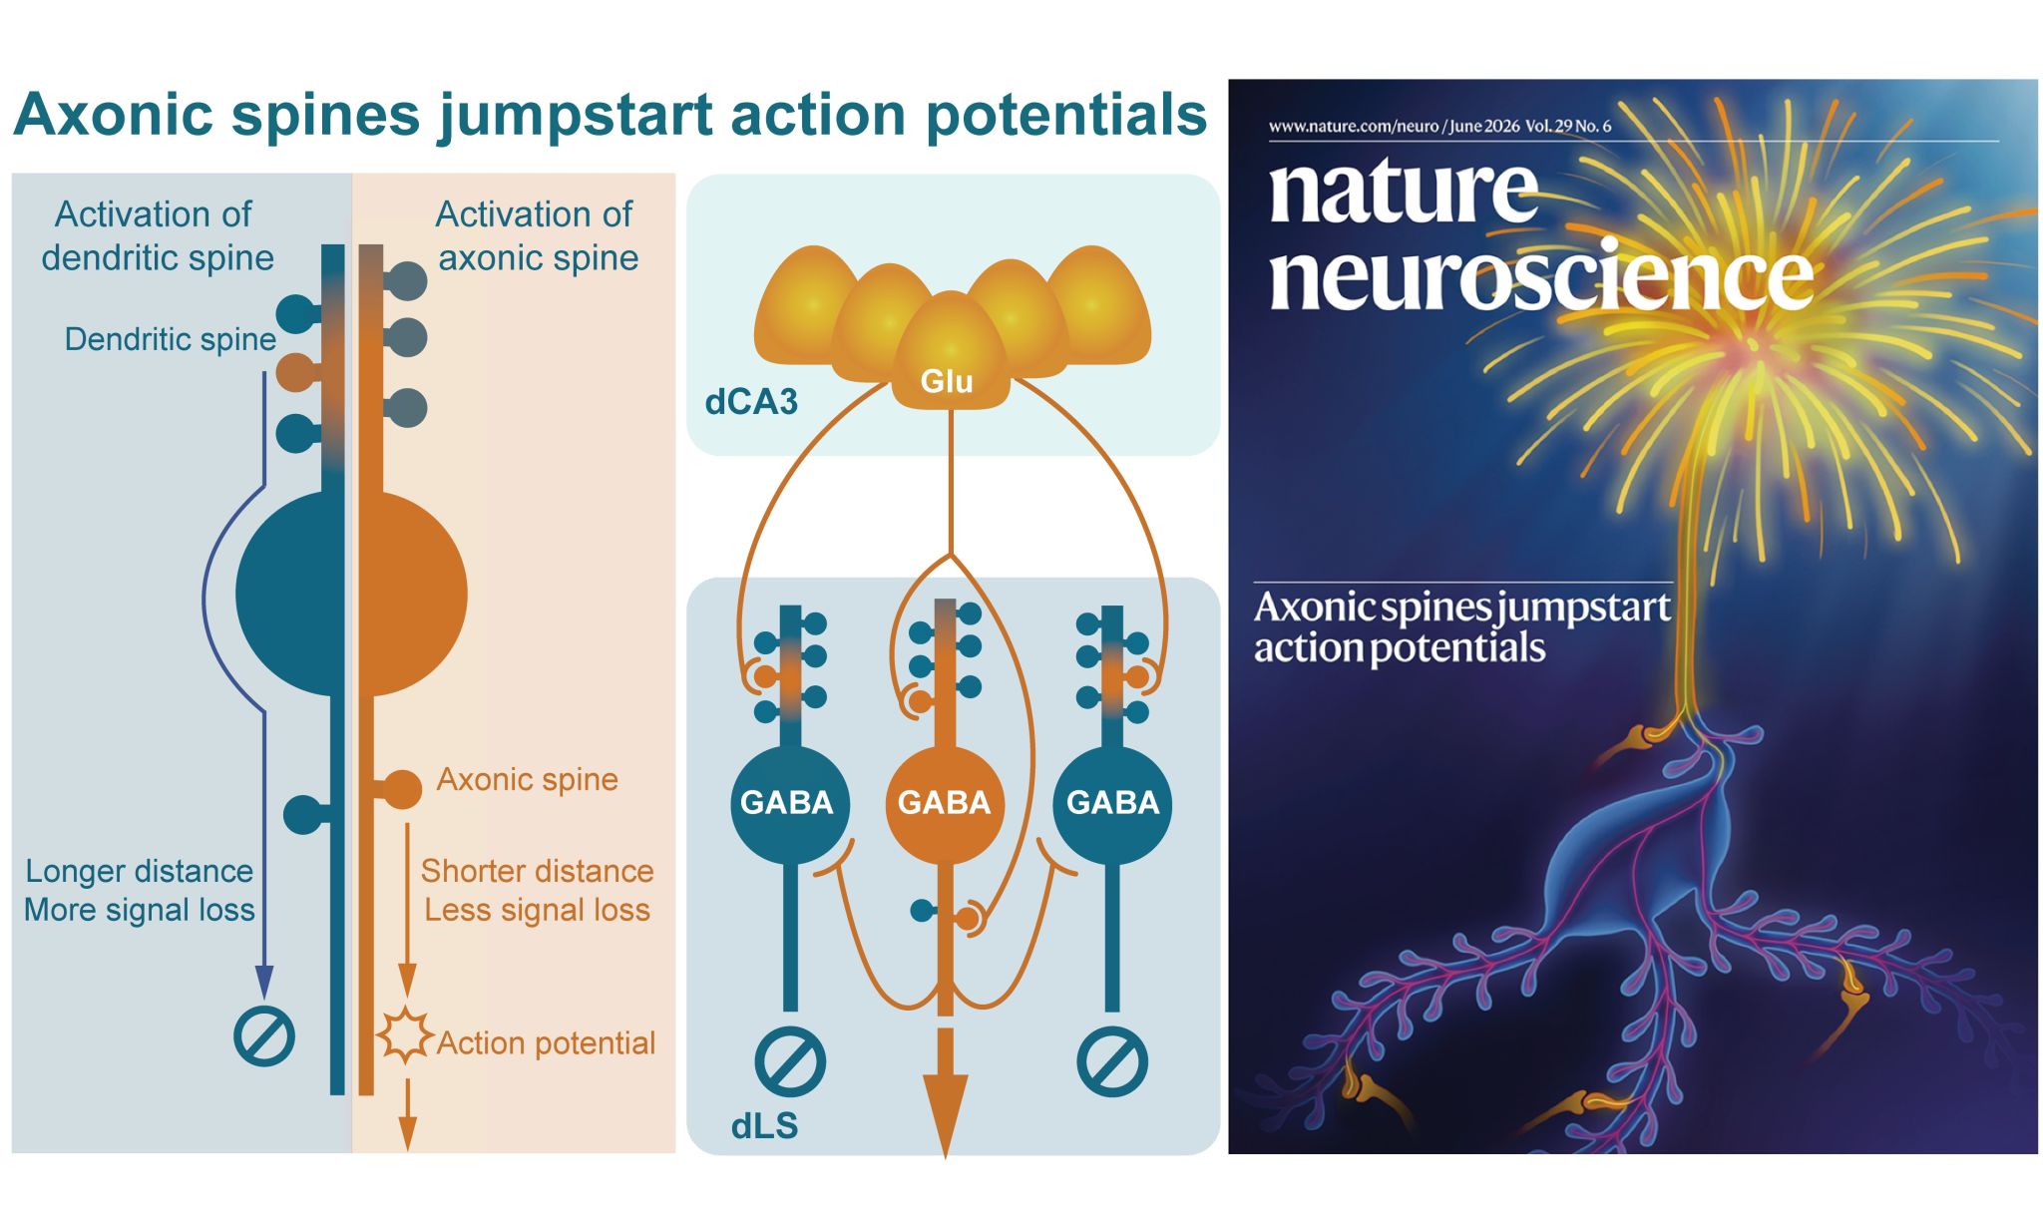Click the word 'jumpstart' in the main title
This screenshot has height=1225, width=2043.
click(x=575, y=117)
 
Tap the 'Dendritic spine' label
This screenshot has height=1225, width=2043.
click(x=171, y=339)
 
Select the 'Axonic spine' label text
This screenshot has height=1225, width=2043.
click(x=528, y=779)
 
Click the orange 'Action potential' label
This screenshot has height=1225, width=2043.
click(x=547, y=1043)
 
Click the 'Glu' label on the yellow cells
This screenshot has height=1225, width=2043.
click(x=946, y=381)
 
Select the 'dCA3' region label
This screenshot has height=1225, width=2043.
click(x=751, y=402)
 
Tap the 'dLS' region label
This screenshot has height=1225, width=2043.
click(x=765, y=1126)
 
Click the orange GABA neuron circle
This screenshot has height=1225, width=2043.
click(x=944, y=803)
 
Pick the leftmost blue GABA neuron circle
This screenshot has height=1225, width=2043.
click(x=789, y=803)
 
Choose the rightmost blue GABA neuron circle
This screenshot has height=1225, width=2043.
click(x=1112, y=803)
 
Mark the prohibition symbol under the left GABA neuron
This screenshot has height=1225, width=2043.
click(x=789, y=1061)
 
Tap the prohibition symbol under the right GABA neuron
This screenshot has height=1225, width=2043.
click(x=1112, y=1061)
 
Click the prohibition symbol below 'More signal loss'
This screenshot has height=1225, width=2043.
click(x=264, y=1036)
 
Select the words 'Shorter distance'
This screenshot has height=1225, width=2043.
click(x=537, y=871)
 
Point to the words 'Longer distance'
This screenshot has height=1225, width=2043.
click(x=140, y=871)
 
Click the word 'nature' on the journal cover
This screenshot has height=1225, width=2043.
click(x=1403, y=192)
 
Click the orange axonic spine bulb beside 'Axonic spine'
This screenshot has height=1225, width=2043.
click(x=403, y=789)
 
